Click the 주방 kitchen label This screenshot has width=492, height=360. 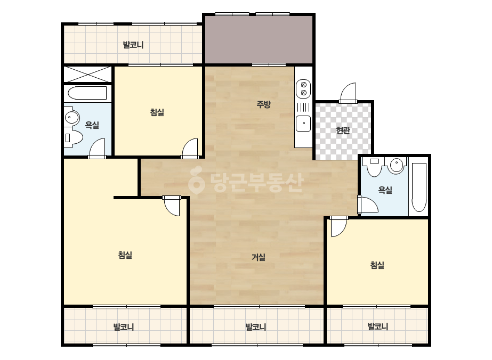[x=263, y=104]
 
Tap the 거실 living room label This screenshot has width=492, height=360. [x=259, y=257]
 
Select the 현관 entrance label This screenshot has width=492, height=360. [x=343, y=130]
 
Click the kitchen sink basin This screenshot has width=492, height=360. [x=303, y=123]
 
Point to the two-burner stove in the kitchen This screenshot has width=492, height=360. [x=303, y=88]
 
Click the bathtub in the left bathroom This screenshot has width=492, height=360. [x=87, y=93]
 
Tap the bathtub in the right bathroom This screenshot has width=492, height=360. [x=419, y=187]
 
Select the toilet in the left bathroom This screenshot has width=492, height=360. [x=74, y=138]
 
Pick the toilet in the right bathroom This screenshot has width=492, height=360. [x=374, y=167]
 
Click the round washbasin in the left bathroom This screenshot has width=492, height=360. [x=72, y=117]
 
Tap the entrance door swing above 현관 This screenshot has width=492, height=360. [x=348, y=93]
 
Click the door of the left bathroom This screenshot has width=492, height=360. [x=96, y=149]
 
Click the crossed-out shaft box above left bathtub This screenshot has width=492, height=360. [x=87, y=74]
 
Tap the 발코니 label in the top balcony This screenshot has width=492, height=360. [x=133, y=45]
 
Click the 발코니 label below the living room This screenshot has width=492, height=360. [x=256, y=327]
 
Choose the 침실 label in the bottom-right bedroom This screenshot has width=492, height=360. [x=377, y=265]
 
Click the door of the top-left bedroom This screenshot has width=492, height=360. [x=190, y=149]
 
